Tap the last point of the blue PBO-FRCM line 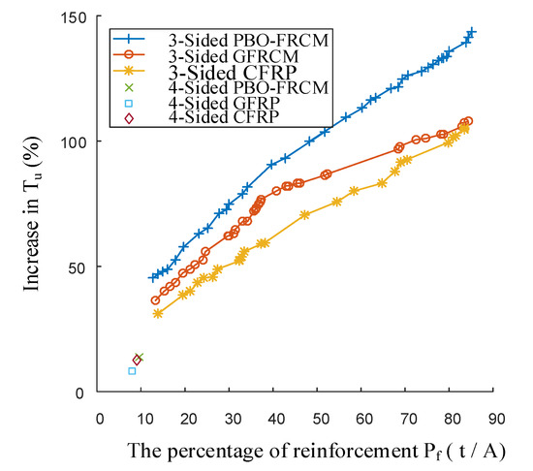pos(472,32)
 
